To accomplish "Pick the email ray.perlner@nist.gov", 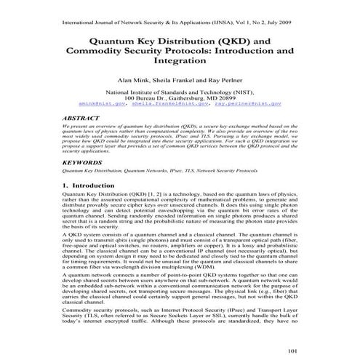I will (x=240, y=104).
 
